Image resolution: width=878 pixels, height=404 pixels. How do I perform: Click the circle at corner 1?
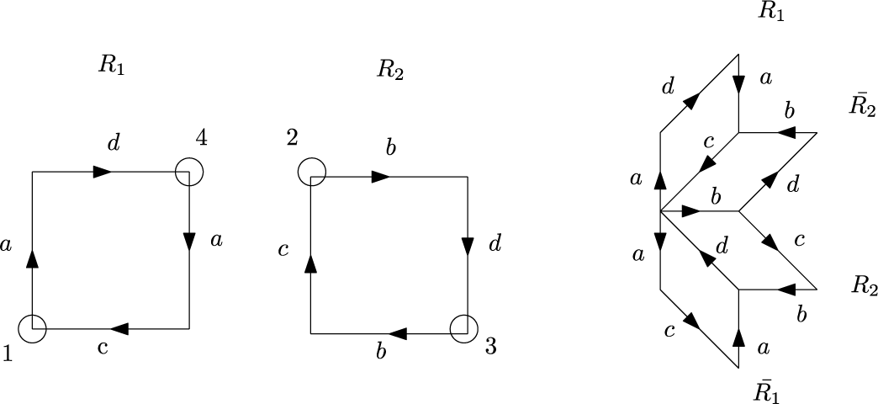[x=32, y=329]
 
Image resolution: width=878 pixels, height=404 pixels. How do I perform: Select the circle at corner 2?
[x=311, y=171]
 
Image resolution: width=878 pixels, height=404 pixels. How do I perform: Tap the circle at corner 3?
[x=463, y=328]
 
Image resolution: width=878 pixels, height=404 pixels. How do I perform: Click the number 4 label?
[x=201, y=137]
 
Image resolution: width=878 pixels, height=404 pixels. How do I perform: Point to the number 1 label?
[x=8, y=355]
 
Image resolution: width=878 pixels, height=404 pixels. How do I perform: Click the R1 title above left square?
[x=111, y=66]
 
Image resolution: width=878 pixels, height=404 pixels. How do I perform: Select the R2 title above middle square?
[x=390, y=69]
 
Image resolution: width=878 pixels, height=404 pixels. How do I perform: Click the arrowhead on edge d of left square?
[x=103, y=172]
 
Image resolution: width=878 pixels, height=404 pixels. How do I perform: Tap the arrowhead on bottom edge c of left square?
[x=119, y=328]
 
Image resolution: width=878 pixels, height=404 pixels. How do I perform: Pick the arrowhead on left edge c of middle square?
[x=311, y=263]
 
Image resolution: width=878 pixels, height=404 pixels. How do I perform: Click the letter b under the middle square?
[x=381, y=352]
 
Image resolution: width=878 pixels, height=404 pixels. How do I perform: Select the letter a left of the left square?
[x=8, y=246]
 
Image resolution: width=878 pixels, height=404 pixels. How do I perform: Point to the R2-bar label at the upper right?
[x=862, y=106]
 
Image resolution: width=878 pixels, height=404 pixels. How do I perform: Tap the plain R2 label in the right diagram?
[x=864, y=285]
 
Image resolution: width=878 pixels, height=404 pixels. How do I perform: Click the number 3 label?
[x=491, y=347]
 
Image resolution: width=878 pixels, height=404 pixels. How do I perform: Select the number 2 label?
[x=292, y=137]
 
